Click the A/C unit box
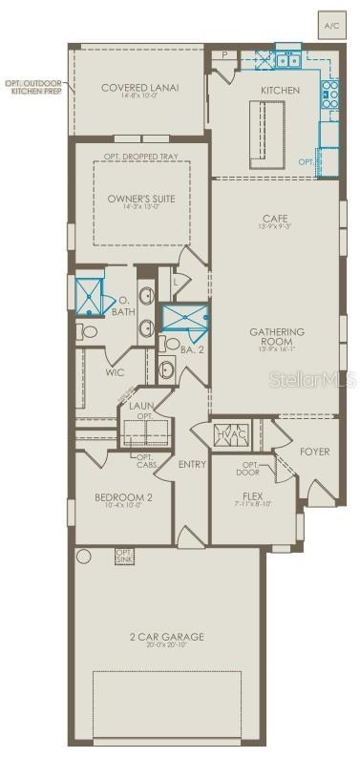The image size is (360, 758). point(332,25)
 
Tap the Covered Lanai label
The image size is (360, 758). point(140,88)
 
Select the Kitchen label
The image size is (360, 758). point(280,90)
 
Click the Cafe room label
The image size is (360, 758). point(276,219)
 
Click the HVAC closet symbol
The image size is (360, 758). point(231,432)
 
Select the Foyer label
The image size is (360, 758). point(314,451)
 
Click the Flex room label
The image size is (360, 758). point(252,496)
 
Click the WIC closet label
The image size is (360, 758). point(115,373)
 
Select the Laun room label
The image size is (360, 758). point(142,407)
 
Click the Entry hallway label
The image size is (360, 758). point(192,464)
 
